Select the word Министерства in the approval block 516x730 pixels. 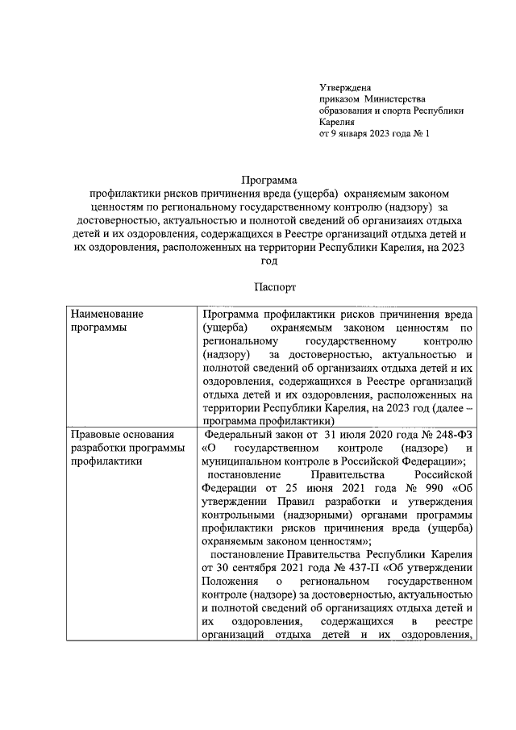point(396,98)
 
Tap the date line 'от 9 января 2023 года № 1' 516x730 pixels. point(374,134)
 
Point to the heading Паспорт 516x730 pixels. point(269,286)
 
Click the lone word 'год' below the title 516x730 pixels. point(269,260)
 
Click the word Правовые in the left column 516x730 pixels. point(93,435)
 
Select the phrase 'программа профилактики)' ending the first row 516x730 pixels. point(268,420)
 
